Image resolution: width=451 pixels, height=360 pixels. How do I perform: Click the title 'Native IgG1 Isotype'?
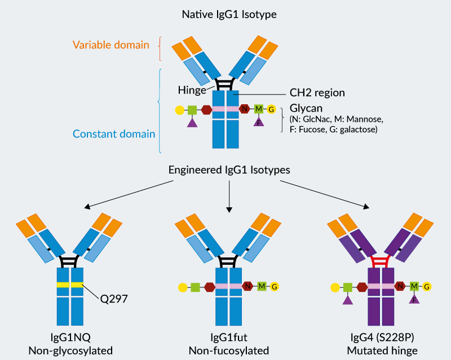[x=229, y=15]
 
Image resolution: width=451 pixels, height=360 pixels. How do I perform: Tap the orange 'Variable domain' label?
[x=110, y=45]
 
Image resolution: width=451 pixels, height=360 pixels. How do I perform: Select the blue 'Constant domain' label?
[x=114, y=134]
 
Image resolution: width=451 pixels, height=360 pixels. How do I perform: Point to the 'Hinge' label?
[x=192, y=90]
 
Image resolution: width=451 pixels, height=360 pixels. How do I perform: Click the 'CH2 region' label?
[x=317, y=92]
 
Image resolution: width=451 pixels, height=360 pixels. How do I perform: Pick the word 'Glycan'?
[x=306, y=108]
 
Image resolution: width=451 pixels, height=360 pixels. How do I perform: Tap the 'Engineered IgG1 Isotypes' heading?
[x=229, y=170]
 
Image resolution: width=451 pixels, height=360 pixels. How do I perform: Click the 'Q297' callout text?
[x=114, y=299]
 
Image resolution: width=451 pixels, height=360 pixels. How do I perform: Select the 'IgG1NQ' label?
[x=70, y=337]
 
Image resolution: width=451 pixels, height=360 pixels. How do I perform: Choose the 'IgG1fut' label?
[x=229, y=337]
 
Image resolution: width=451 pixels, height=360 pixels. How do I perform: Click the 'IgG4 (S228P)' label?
[x=382, y=337]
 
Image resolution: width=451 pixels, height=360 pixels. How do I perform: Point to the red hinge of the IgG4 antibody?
[x=381, y=261]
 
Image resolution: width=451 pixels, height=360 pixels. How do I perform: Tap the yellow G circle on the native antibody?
[x=271, y=109]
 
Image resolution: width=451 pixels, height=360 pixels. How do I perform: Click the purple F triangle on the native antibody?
[x=259, y=122]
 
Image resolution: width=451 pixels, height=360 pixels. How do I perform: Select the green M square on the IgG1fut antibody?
[x=262, y=286]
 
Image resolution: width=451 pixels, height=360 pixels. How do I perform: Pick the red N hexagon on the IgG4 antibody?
[x=400, y=286]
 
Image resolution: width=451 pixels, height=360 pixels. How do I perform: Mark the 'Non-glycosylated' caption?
[x=70, y=351]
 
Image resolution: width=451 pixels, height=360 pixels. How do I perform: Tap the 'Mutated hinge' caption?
[x=382, y=351]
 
